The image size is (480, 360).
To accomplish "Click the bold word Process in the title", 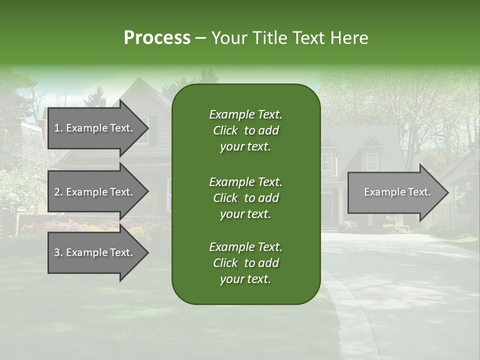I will [x=157, y=38].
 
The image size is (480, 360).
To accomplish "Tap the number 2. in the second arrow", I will [x=58, y=192].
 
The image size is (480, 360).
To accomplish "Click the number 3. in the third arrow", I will [x=58, y=252].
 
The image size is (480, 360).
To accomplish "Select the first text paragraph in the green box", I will [x=245, y=130].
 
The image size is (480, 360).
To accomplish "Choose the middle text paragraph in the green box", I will [x=245, y=198].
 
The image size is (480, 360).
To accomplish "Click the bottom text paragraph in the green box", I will [x=245, y=263].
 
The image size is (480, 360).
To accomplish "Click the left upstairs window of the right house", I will [x=326, y=161].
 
